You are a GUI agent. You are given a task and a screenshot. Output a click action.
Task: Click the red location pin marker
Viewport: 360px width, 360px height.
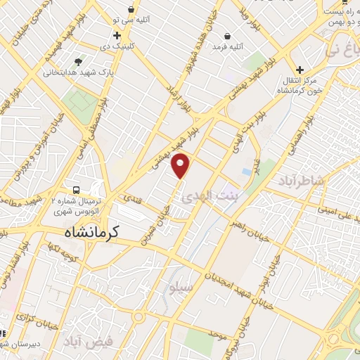click(181, 165)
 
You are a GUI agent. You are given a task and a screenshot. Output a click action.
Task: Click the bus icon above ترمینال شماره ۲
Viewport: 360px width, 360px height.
click(75, 190)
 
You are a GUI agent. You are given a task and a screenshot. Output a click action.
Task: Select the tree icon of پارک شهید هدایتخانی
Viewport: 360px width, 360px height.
click(78, 62)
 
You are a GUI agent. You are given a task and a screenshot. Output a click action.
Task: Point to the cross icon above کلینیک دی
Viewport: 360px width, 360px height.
click(117, 35)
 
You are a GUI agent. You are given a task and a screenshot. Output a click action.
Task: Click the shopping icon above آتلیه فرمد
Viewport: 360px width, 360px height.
click(227, 36)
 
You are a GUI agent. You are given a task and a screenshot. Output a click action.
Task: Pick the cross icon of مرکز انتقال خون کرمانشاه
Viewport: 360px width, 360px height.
click(300, 70)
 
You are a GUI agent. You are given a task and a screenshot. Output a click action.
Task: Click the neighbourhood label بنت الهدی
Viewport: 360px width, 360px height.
click(210, 198)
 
